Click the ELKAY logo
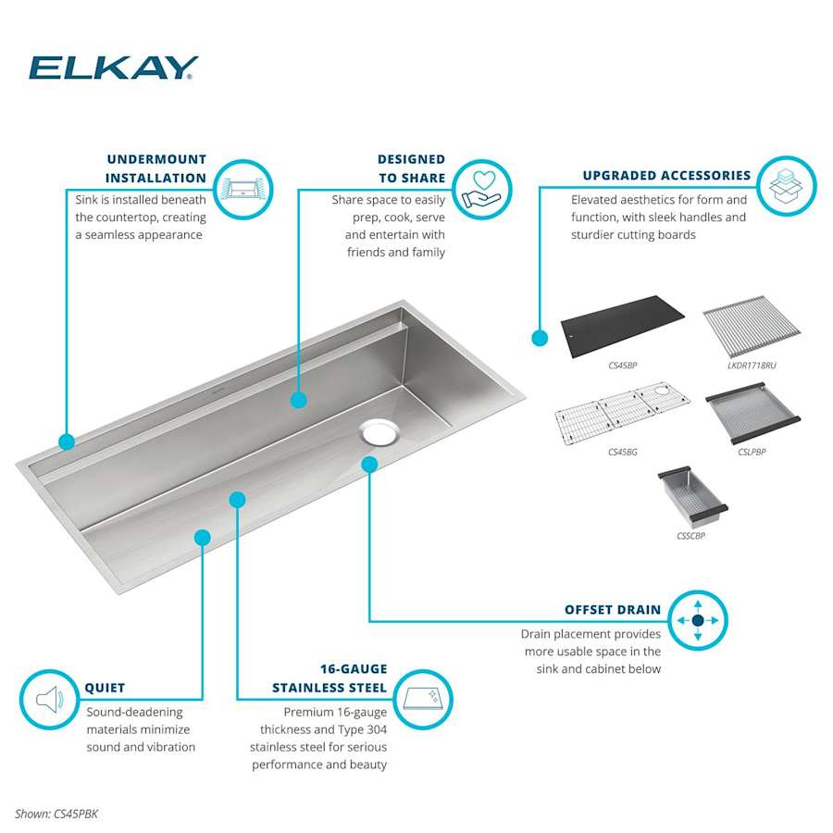113,68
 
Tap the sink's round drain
379,431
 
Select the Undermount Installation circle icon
243,189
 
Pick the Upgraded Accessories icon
786,186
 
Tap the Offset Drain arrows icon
698,620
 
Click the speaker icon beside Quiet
49,700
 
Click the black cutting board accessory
622,322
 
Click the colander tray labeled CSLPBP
752,415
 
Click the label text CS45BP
623,366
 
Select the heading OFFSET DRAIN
613,610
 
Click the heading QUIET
105,688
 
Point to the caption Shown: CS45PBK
56,814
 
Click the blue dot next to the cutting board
540,339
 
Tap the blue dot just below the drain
369,464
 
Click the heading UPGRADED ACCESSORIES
666,175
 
